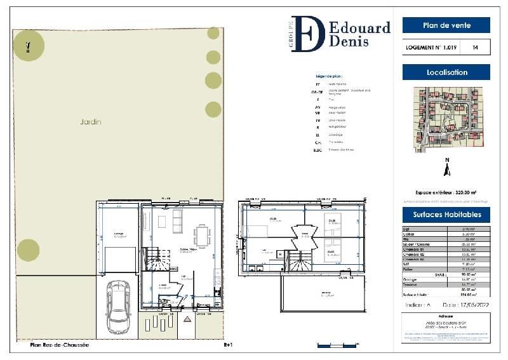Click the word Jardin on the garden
(91, 121)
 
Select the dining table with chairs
(203, 237)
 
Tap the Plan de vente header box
(446, 25)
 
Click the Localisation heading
(446, 72)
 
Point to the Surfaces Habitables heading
(446, 215)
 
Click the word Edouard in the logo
(360, 28)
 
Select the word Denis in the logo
(351, 43)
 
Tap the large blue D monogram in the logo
(309, 34)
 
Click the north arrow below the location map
(447, 169)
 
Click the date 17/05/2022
(462, 305)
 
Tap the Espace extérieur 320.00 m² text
(446, 192)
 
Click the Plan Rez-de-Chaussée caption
(60, 345)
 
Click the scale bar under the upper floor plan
(331, 345)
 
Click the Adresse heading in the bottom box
(446, 314)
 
